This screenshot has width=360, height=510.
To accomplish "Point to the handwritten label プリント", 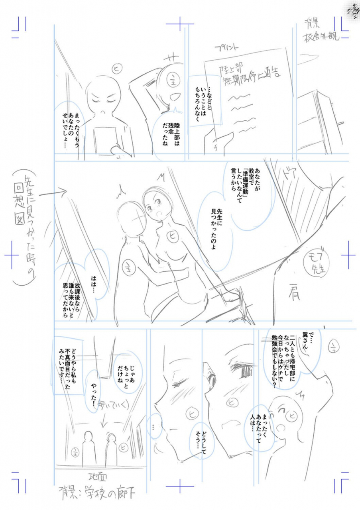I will pos(227,48).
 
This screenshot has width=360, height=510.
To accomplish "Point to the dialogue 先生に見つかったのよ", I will pos(215,231).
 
